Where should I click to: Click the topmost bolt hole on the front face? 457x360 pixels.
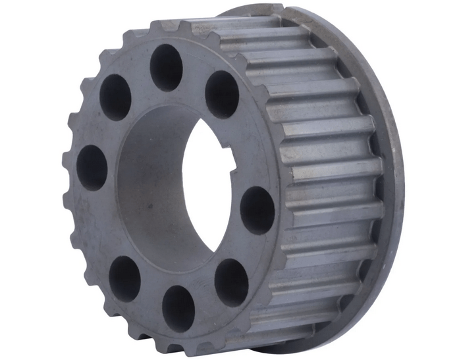(166, 66)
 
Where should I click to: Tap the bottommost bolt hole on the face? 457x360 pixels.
(178, 307)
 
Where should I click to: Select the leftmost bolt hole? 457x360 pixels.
(92, 167)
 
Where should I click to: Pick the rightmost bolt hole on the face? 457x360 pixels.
(257, 210)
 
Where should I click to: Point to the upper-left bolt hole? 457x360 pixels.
(115, 97)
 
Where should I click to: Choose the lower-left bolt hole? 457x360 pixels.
(124, 277)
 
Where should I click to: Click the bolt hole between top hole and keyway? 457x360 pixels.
(222, 94)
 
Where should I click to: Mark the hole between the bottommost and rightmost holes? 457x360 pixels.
(231, 281)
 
